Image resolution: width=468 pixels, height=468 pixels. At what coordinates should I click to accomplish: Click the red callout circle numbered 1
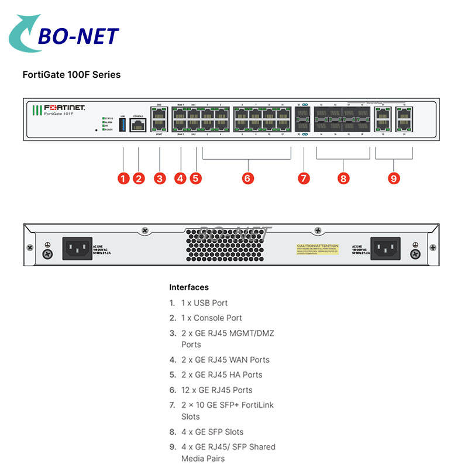[x=123, y=178]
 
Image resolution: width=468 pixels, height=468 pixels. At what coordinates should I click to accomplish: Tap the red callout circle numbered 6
[x=247, y=178]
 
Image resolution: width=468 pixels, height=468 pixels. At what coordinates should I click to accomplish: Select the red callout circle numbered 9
[x=394, y=178]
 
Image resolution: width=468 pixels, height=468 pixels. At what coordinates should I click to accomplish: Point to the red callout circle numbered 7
[x=304, y=178]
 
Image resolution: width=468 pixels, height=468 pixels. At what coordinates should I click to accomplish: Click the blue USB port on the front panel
[x=122, y=125]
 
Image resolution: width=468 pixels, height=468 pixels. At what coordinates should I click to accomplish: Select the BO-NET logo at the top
[x=64, y=36]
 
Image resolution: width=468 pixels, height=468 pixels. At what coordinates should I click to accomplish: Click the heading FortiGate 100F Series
[x=71, y=74]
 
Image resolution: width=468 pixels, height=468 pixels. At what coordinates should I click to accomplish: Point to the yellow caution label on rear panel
[x=317, y=249]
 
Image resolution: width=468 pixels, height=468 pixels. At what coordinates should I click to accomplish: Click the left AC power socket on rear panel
[x=77, y=248]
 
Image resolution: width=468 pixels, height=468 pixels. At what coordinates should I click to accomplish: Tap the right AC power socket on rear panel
[x=386, y=248]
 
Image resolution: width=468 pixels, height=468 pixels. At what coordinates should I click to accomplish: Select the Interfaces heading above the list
[x=189, y=287]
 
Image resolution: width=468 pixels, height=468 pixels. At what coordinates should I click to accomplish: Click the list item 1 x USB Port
[x=204, y=303]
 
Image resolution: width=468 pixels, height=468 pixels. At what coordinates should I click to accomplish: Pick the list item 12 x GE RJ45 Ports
[x=217, y=390]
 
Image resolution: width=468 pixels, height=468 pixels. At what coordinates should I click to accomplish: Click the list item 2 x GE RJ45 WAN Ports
[x=225, y=360]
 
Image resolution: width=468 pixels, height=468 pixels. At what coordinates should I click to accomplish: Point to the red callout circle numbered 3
[x=160, y=178]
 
